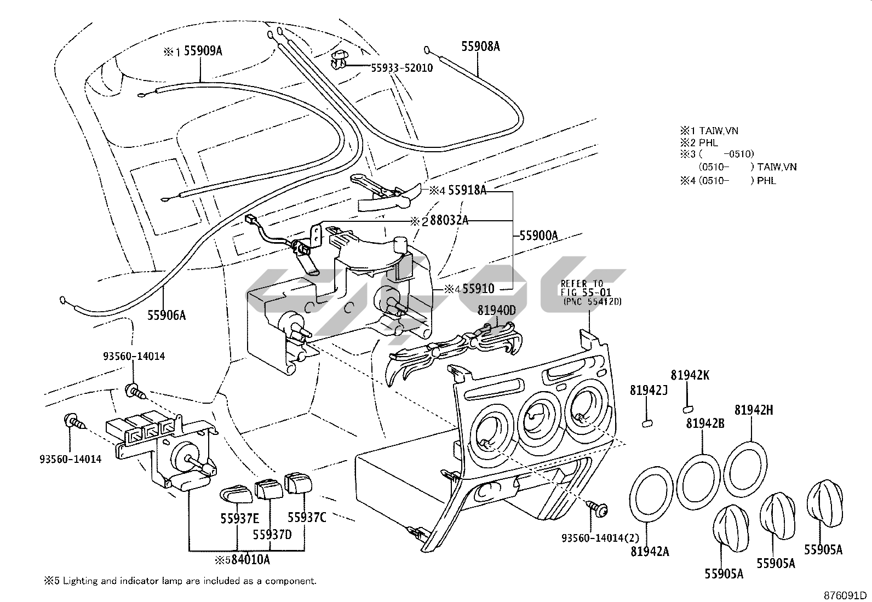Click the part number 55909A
[x=203, y=51]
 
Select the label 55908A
[x=480, y=47]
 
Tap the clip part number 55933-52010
[x=401, y=68]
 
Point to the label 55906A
[x=166, y=315]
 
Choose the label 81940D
[x=496, y=311]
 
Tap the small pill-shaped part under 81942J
[x=647, y=422]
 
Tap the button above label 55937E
[x=236, y=494]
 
